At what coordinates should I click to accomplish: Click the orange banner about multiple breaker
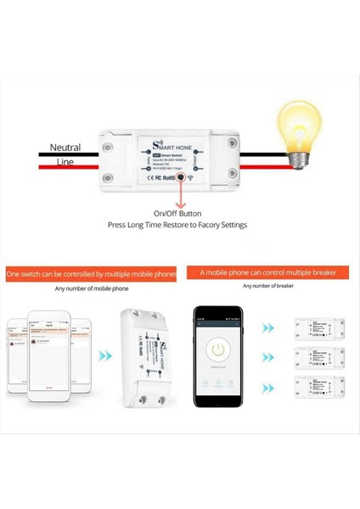click(268, 273)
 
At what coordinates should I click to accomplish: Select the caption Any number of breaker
click(269, 286)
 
